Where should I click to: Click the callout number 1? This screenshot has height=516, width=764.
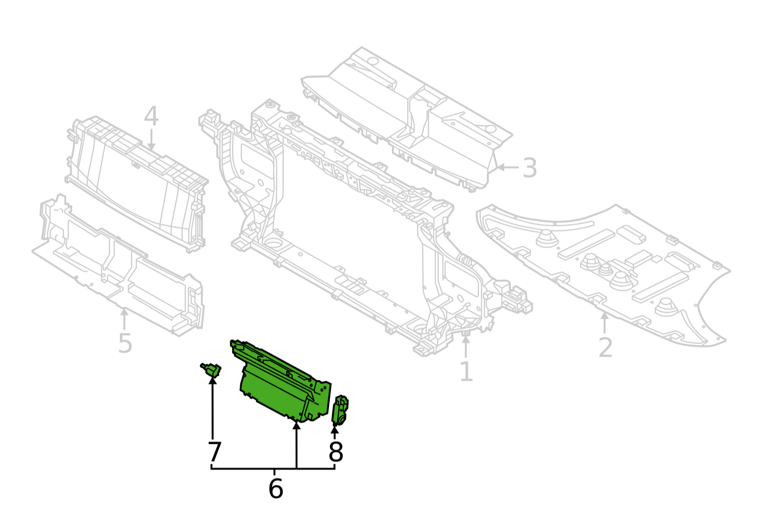(x=466, y=372)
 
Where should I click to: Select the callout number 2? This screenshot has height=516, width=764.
(x=605, y=348)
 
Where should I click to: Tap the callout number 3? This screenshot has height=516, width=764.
(x=530, y=168)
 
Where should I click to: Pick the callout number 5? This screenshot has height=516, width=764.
(x=125, y=344)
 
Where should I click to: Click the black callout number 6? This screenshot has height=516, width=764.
(x=276, y=488)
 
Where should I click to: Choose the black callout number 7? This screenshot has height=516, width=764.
(x=214, y=451)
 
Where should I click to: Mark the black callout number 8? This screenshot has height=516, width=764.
(x=336, y=452)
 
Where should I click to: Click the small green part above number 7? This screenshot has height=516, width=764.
(x=211, y=370)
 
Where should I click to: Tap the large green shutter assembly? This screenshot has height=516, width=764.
(x=280, y=382)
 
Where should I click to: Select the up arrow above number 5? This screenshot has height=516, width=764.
(x=125, y=319)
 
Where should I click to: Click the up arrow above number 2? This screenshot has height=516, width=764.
(x=605, y=323)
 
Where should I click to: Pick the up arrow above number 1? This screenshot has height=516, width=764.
(x=466, y=347)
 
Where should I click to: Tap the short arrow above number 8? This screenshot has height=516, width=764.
(x=335, y=432)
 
